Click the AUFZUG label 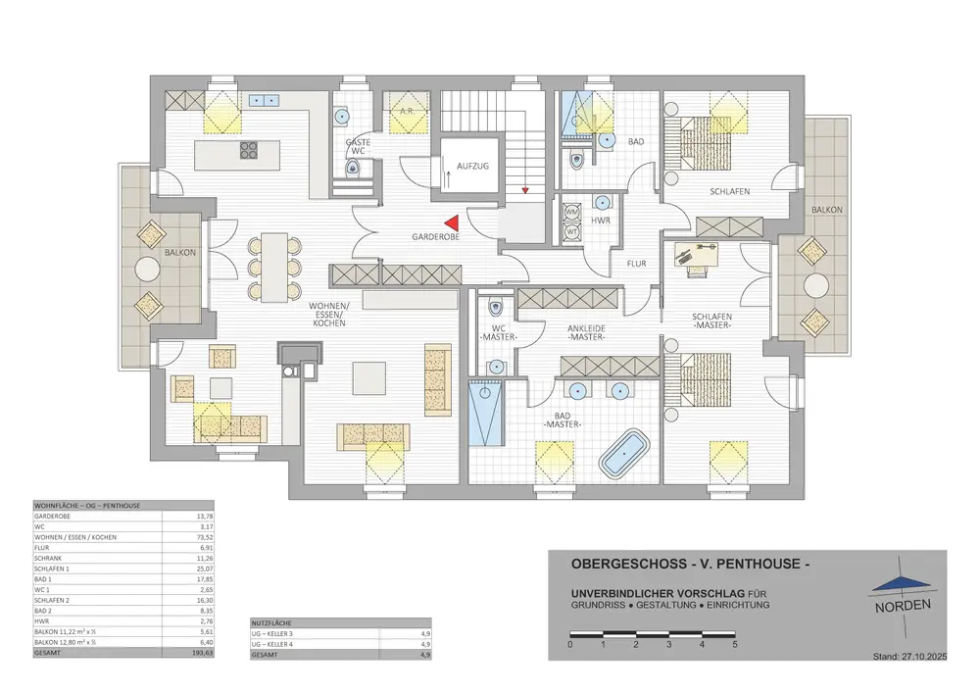[473, 167]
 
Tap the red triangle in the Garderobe [451, 225]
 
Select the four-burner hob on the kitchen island [248, 151]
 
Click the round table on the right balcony [816, 286]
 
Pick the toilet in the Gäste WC [353, 170]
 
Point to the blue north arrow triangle [900, 583]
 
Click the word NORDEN [903, 605]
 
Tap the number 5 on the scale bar [734, 645]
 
